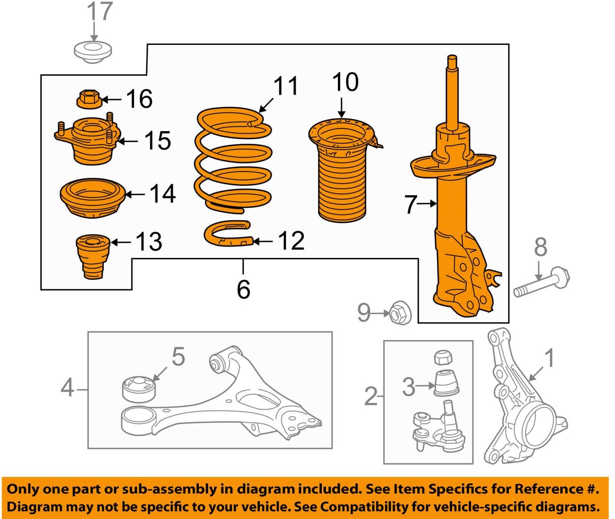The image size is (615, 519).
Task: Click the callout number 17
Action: coord(99,12)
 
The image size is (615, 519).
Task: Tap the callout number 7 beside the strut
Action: coord(410,204)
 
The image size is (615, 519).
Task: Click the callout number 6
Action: coord(243,289)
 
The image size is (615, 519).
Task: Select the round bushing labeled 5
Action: coord(139,388)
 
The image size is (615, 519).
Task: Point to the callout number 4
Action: coord(67,388)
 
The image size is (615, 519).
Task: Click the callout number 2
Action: coord(371,396)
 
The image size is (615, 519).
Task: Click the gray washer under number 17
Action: coord(93,52)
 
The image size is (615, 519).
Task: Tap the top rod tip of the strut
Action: coord(452,59)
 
